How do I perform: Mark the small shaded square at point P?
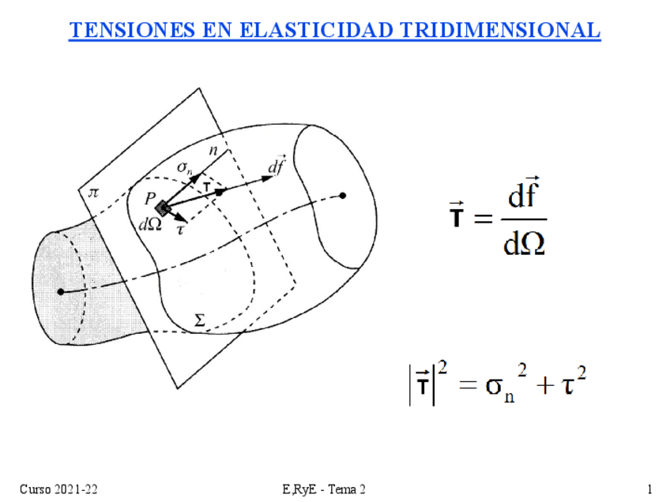point(162,208)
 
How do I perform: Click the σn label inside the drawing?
point(184,167)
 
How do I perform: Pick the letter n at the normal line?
point(213,148)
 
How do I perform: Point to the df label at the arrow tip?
point(276,167)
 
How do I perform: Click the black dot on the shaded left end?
point(60,291)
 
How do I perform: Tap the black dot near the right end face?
point(343,195)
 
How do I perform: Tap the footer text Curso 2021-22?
point(58,489)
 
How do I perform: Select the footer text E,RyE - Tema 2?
point(324,489)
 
